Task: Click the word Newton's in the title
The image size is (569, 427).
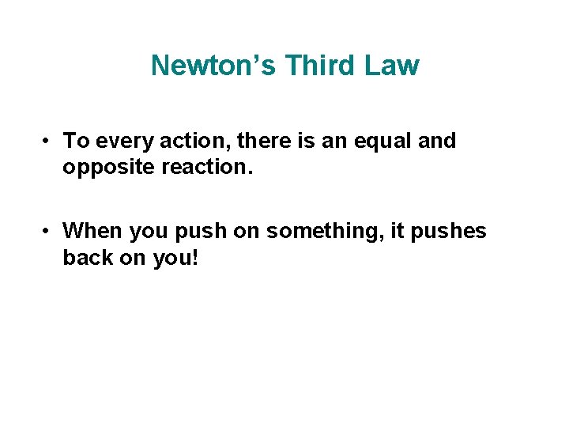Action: click(x=214, y=66)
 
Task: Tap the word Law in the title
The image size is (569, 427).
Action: click(x=392, y=66)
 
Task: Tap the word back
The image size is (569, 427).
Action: click(x=86, y=259)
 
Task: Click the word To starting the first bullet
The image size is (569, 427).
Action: click(x=75, y=142)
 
